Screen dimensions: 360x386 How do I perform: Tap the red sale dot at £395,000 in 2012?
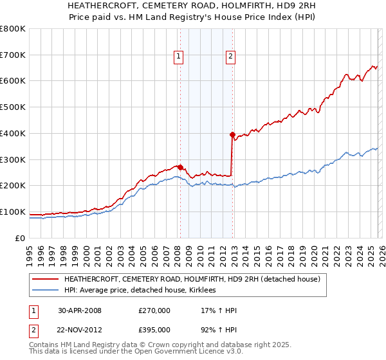232,134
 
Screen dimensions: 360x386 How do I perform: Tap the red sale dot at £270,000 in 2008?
180,167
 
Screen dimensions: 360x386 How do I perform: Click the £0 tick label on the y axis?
21,238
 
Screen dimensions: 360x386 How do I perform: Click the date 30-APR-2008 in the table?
80,310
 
